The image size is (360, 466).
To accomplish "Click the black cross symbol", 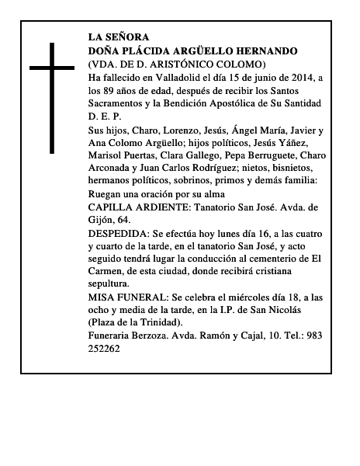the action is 52,97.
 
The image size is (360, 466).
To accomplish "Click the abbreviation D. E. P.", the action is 104,117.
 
